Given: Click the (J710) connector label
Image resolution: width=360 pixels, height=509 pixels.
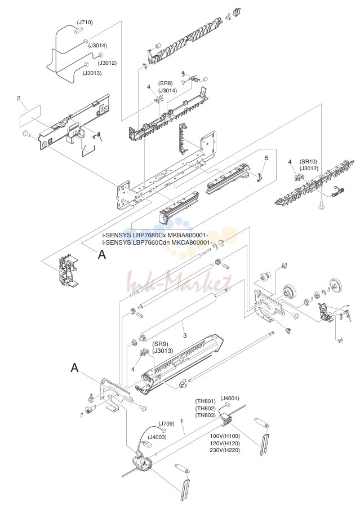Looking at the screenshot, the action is [x=85, y=23].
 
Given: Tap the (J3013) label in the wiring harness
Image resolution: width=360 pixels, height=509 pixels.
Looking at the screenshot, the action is [x=92, y=73].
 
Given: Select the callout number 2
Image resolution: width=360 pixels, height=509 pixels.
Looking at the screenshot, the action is [x=19, y=98].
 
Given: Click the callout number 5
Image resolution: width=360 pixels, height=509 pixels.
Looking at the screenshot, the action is [x=266, y=158].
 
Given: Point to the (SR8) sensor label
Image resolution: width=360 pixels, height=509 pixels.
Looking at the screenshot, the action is [x=165, y=83].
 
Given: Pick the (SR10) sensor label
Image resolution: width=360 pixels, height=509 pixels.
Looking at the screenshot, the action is [x=308, y=162].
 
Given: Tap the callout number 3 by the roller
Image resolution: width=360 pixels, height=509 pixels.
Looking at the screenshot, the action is [x=185, y=335].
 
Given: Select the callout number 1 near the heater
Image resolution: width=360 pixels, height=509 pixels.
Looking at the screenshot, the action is [x=182, y=421].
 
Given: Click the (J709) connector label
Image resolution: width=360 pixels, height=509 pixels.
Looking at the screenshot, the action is [x=166, y=424].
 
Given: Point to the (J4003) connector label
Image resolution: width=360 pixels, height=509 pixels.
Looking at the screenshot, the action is [x=157, y=437].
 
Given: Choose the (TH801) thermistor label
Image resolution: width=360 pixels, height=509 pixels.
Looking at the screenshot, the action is [x=205, y=401].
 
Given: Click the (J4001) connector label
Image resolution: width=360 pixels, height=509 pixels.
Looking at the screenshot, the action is [x=230, y=399].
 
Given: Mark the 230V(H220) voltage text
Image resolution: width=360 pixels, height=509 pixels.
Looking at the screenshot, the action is [x=225, y=450].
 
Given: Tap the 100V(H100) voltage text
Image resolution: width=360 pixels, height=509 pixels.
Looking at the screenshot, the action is [x=225, y=436].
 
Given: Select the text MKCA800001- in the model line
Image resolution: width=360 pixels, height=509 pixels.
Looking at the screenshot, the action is [x=194, y=242].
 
